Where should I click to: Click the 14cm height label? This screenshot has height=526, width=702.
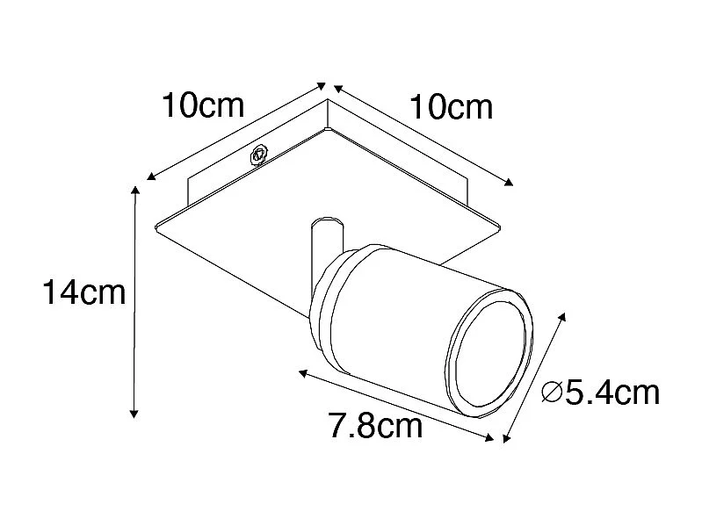(x=85, y=292)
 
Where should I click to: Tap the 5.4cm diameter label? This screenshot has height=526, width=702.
(x=612, y=393)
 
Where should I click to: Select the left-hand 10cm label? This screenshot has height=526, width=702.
(x=201, y=107)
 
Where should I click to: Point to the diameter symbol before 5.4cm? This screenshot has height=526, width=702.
(x=553, y=393)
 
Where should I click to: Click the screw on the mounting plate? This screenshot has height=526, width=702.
(x=259, y=155)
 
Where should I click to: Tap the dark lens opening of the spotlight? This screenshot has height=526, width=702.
(x=487, y=356)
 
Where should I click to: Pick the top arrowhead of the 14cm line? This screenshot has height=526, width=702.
(x=135, y=189)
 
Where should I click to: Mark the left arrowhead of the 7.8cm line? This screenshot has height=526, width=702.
(x=302, y=374)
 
